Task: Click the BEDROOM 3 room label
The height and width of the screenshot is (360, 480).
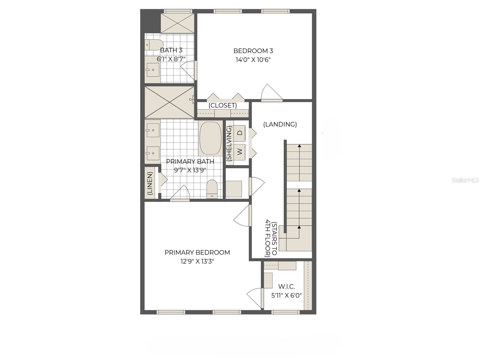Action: tap(253, 51)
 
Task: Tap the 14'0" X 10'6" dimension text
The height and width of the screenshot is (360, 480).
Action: tap(253, 60)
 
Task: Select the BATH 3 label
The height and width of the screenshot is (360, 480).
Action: tap(171, 50)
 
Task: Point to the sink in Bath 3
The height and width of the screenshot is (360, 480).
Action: tap(153, 70)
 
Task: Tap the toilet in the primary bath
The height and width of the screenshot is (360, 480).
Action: tap(212, 189)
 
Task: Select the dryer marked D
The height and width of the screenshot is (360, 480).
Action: tap(240, 133)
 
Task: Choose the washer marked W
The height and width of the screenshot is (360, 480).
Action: tap(240, 151)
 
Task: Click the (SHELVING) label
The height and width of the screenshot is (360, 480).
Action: tap(229, 144)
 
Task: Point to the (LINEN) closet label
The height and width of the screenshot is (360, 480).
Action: tap(150, 183)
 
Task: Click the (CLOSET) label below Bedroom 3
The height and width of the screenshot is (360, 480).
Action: tap(223, 105)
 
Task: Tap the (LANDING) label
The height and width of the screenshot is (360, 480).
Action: tap(280, 124)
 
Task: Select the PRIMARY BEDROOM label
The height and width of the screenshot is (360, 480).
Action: tap(197, 253)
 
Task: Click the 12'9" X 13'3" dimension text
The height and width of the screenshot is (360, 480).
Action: tap(197, 261)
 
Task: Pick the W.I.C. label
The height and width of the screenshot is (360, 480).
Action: tap(286, 287)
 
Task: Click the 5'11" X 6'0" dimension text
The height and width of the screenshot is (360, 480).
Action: tap(286, 295)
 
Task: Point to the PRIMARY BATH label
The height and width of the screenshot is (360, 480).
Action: tap(190, 161)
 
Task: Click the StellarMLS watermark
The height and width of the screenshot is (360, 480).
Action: tap(465, 180)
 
